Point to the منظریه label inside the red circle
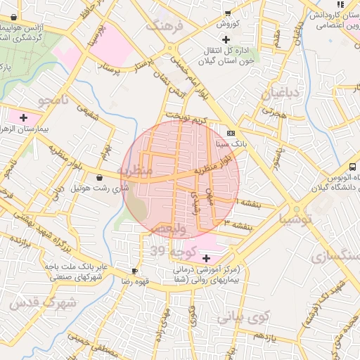[134, 171]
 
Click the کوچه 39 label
[167, 251]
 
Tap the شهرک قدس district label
[34, 302]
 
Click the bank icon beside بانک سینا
[231, 133]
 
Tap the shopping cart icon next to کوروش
[227, 13]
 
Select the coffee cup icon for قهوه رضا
[134, 271]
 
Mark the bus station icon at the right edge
[352, 167]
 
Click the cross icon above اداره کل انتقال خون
[225, 39]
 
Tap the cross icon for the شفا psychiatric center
[206, 259]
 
